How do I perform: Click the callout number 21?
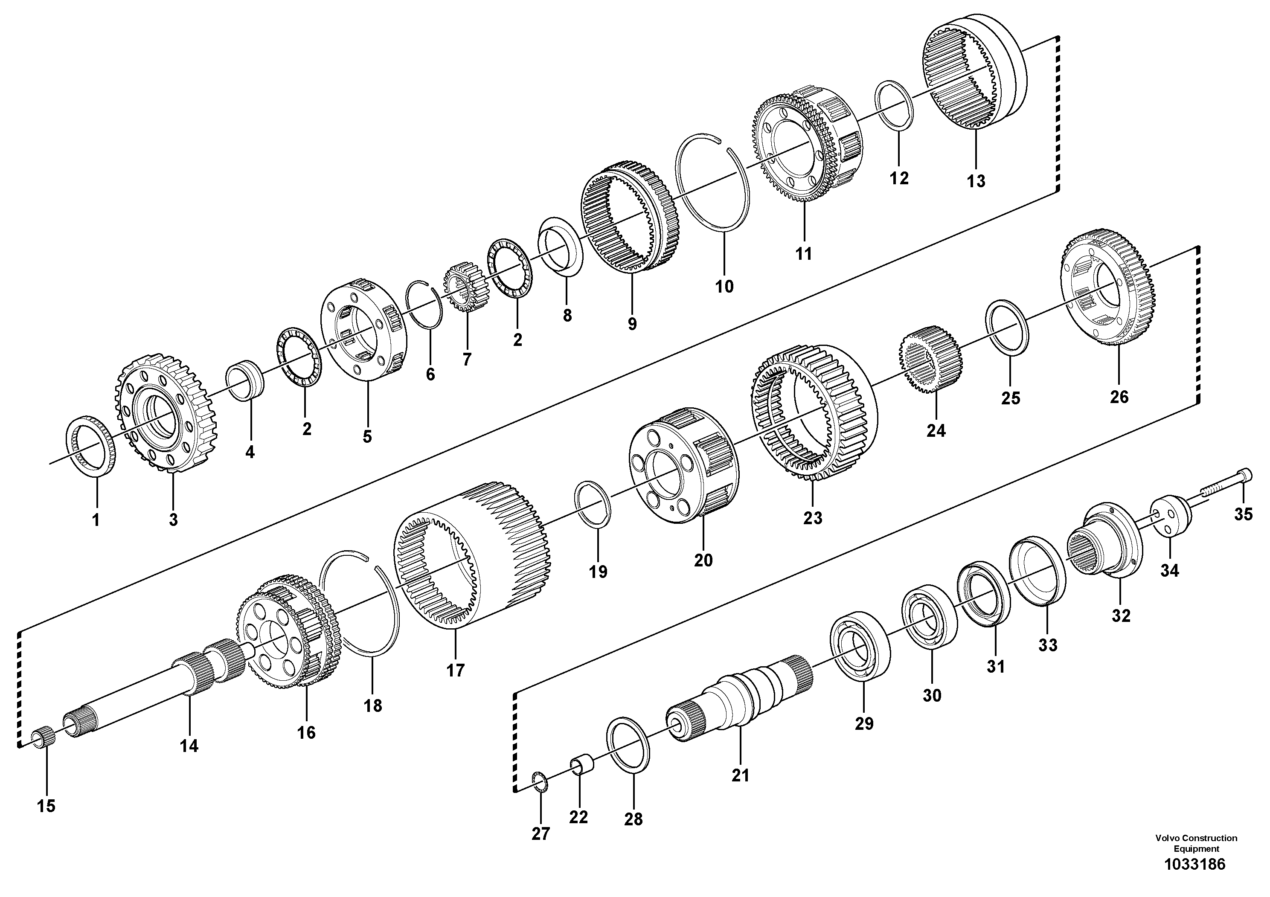pos(740,776)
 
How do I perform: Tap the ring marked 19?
pos(593,504)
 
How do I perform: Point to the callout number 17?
pos(455,671)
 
